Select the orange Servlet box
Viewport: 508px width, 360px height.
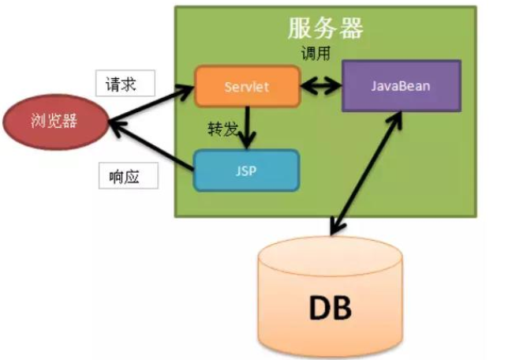(x=248, y=87)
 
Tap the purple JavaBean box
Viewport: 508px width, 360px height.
(x=401, y=85)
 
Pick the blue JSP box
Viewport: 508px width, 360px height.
(x=248, y=169)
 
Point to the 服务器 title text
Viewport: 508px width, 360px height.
(x=325, y=28)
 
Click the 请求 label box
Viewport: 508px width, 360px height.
(x=125, y=84)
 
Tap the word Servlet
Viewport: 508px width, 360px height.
(x=248, y=87)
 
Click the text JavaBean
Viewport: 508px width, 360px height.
(x=401, y=85)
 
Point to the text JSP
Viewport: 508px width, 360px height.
(x=248, y=169)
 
